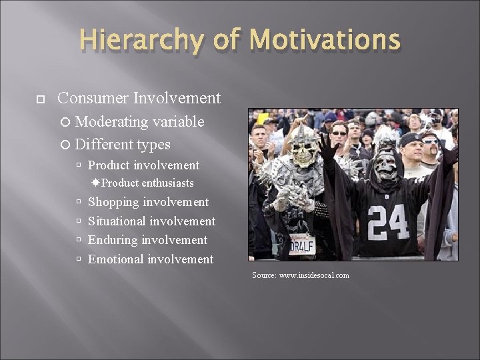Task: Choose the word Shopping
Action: (x=113, y=203)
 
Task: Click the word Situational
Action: (x=117, y=221)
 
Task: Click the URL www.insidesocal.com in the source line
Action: (x=315, y=275)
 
